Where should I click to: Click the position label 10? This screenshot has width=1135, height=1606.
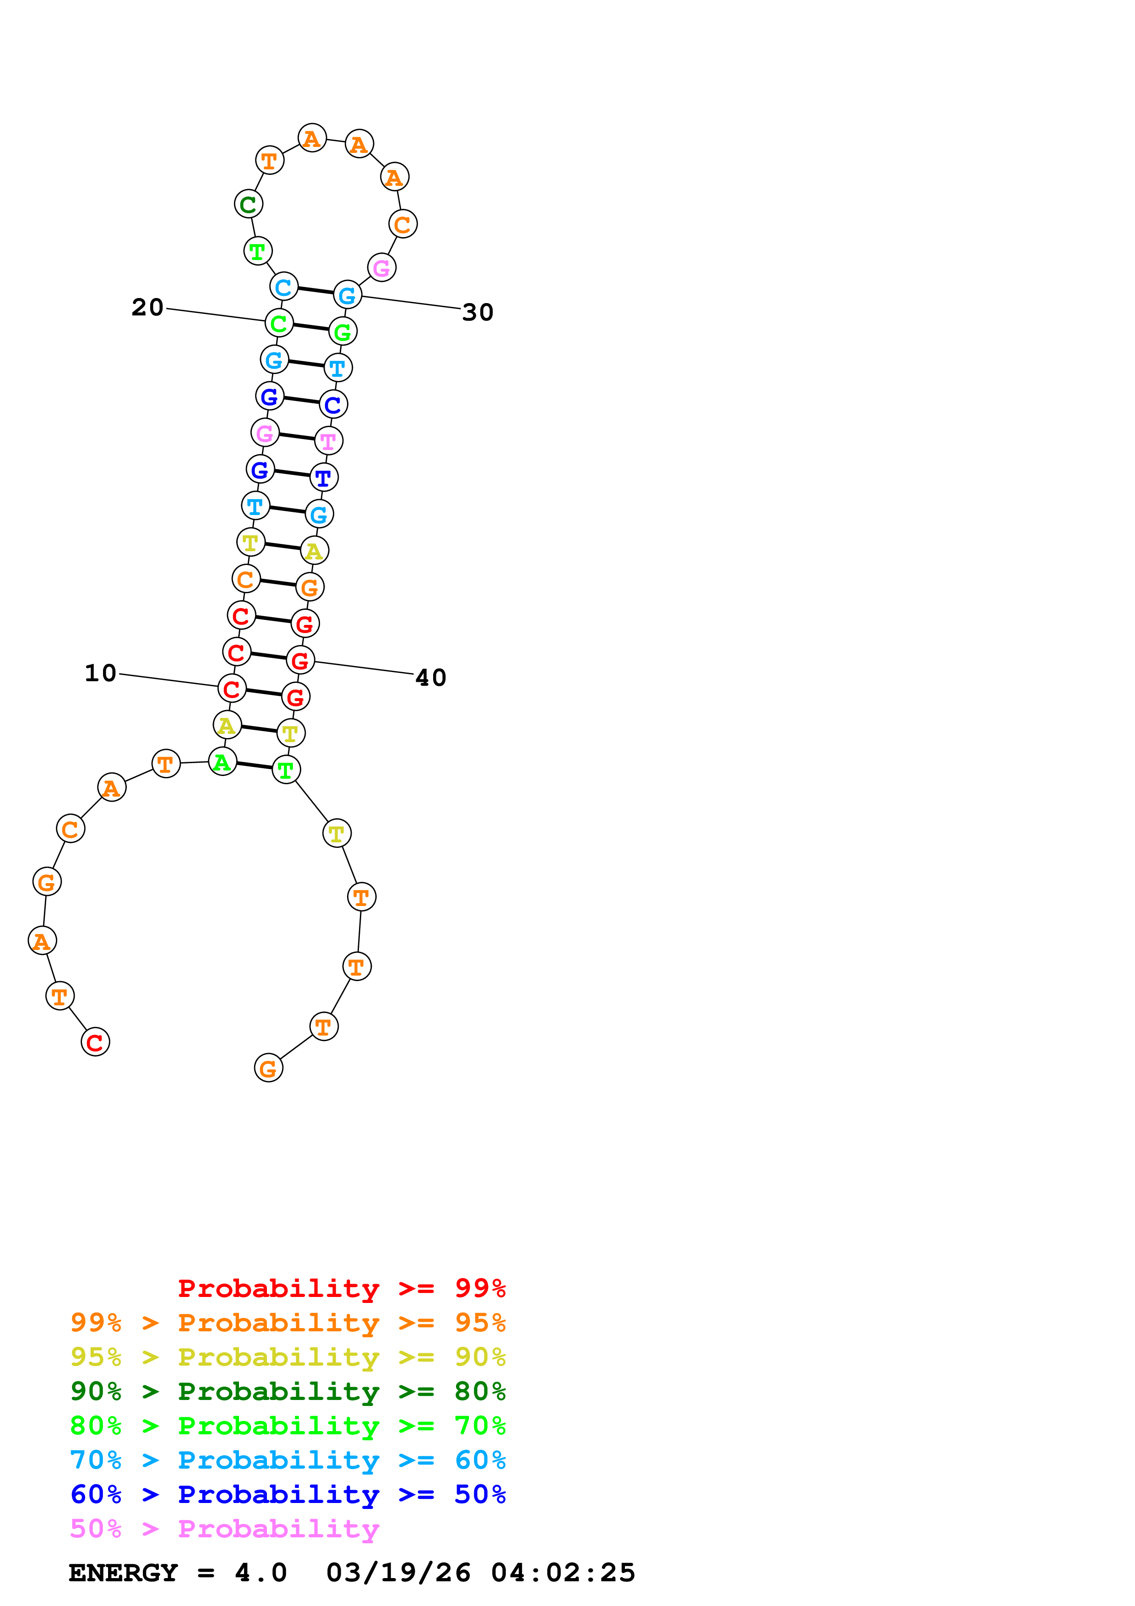pyautogui.click(x=100, y=673)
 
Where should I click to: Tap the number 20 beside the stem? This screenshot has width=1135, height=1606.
pyautogui.click(x=147, y=307)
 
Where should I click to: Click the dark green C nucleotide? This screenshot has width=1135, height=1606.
pyautogui.click(x=248, y=204)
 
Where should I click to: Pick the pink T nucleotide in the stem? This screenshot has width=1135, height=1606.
pyautogui.click(x=328, y=441)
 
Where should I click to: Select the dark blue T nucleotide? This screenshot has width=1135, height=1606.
pyautogui.click(x=323, y=478)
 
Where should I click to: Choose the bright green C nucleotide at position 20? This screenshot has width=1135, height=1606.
pyautogui.click(x=279, y=323)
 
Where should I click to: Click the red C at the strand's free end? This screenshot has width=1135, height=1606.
pyautogui.click(x=95, y=1042)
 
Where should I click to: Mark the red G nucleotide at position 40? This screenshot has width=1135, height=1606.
pyautogui.click(x=300, y=660)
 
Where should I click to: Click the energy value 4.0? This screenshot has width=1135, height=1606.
pyautogui.click(x=260, y=1573)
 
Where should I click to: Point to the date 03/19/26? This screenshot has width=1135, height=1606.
pyautogui.click(x=398, y=1573)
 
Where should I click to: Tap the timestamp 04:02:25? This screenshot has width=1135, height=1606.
pyautogui.click(x=563, y=1573)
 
